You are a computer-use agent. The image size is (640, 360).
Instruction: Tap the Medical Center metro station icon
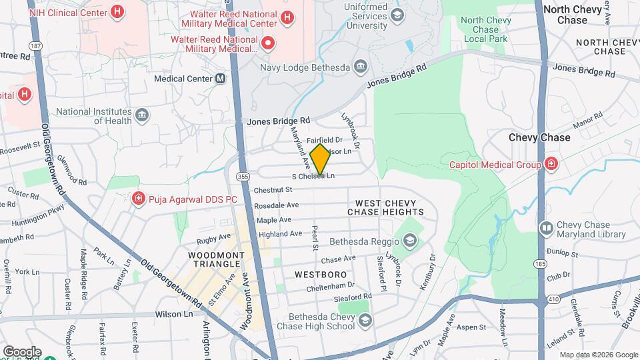pyautogui.click(x=220, y=79)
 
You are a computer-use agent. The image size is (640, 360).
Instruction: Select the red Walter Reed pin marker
pyautogui.click(x=268, y=44)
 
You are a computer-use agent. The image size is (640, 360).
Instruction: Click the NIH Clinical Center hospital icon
pyautogui.click(x=117, y=11)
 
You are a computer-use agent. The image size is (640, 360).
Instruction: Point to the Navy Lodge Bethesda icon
pyautogui.click(x=361, y=66)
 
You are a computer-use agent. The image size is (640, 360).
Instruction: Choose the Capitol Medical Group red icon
pyautogui.click(x=551, y=164)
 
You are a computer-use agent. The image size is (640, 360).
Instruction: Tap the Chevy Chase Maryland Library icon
pyautogui.click(x=546, y=229)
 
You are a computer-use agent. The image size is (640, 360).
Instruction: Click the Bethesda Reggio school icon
pyautogui.click(x=409, y=240)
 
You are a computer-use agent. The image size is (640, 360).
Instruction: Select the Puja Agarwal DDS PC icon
pyautogui.click(x=138, y=198)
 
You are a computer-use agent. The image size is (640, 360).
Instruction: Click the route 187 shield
pyautogui.click(x=35, y=46)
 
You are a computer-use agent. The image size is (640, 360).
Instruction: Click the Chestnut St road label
pyautogui.click(x=274, y=190)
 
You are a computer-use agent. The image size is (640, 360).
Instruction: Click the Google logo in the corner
pyautogui.click(x=21, y=352)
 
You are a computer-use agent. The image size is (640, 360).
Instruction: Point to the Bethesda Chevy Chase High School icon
pyautogui.click(x=365, y=321)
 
